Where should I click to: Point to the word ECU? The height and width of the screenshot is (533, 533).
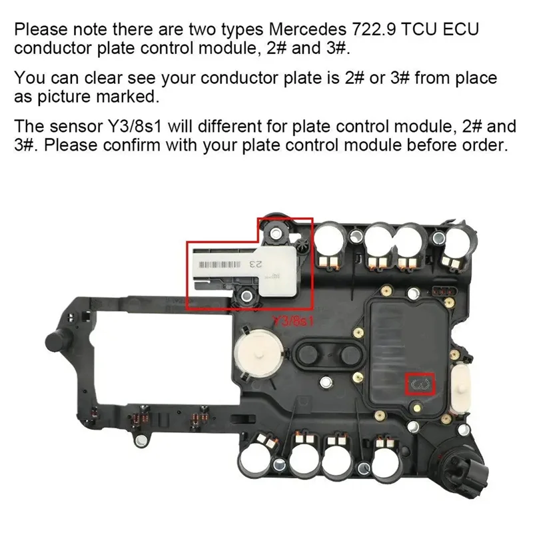click(x=462, y=30)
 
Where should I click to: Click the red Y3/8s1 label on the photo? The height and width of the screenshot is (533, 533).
click(x=291, y=320)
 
